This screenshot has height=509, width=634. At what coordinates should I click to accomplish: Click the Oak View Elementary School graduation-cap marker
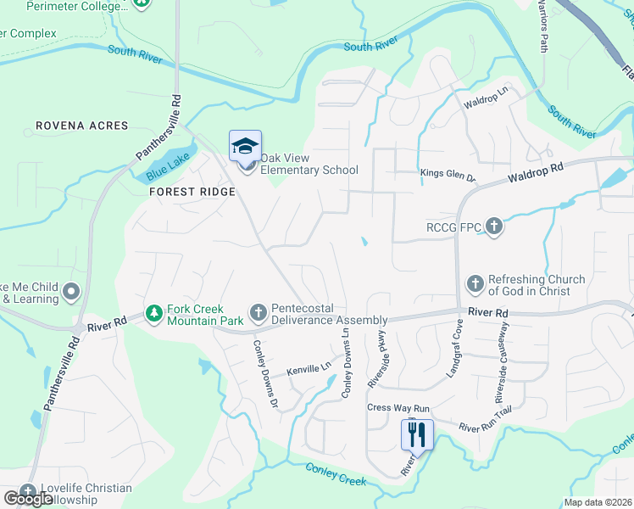[x=245, y=146]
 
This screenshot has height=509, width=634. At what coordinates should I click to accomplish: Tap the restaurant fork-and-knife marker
[x=417, y=435]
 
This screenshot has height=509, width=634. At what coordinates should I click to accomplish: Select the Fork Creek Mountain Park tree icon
[x=153, y=314]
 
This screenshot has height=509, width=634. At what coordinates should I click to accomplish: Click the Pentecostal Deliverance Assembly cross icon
[x=259, y=314]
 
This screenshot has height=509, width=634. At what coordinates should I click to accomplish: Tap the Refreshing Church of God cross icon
[x=475, y=285]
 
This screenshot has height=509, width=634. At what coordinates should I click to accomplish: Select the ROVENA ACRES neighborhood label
[x=82, y=126]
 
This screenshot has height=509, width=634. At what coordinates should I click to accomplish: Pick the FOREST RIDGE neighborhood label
[x=192, y=192]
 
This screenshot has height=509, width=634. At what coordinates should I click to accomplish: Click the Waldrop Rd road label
[x=535, y=173]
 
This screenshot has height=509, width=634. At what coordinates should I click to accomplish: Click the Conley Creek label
[x=336, y=475]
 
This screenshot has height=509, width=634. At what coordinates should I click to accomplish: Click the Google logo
[x=28, y=499]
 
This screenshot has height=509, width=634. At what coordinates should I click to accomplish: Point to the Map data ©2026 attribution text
[x=597, y=502]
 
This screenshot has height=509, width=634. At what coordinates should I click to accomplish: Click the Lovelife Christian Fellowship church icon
[x=28, y=491]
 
